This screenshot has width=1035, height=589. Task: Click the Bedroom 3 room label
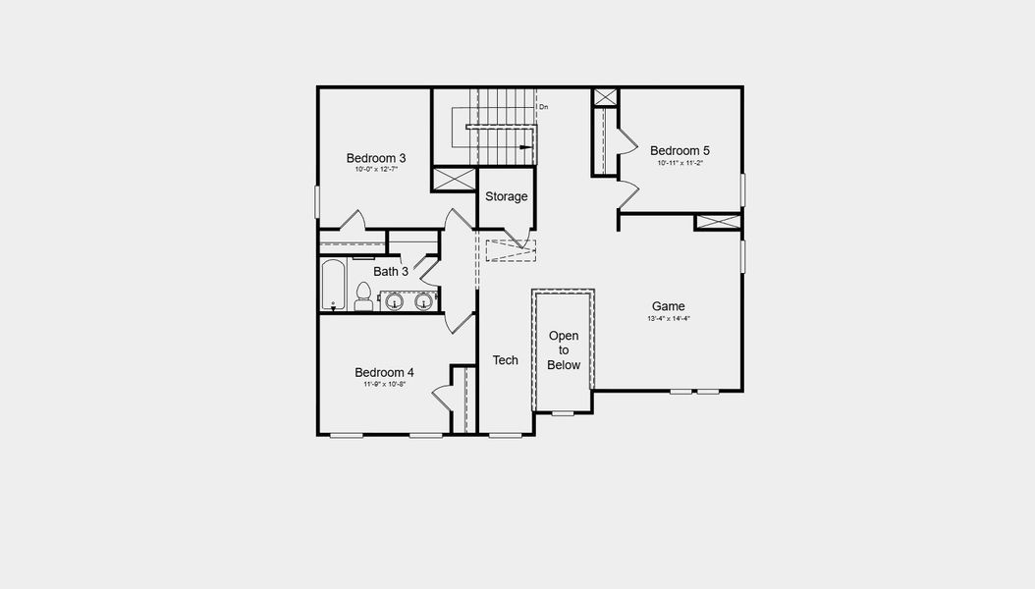(x=375, y=157)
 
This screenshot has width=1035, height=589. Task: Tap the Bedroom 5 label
(x=680, y=150)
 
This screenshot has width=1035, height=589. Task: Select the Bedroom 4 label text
(x=384, y=372)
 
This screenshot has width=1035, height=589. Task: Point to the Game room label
(x=668, y=306)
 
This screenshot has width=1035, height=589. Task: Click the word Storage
(x=507, y=196)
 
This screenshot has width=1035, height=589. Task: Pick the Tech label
(x=505, y=360)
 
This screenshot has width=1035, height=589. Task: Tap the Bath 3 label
(x=390, y=271)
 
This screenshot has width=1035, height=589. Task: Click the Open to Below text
(x=564, y=350)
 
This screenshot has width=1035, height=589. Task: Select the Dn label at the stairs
(x=543, y=106)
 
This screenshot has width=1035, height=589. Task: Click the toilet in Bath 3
(x=363, y=296)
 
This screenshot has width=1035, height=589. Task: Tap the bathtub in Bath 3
(x=333, y=285)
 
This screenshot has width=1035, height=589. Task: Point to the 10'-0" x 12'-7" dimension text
(x=375, y=170)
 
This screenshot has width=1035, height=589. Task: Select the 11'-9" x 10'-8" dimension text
(x=384, y=385)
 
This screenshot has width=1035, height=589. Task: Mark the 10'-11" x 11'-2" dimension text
(x=680, y=163)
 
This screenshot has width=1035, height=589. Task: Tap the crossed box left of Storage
(x=454, y=181)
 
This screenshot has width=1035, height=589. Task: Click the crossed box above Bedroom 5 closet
(x=605, y=97)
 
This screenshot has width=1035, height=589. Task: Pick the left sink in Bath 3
(x=395, y=300)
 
